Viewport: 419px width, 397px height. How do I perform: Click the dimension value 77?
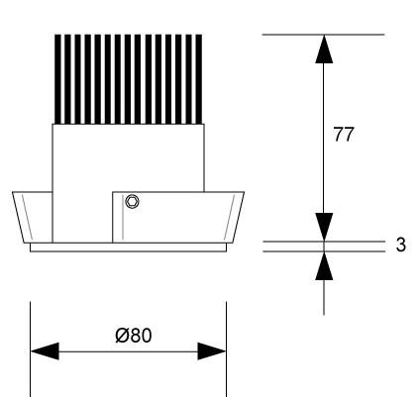(x=344, y=135)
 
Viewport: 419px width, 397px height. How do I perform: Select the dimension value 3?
(x=400, y=245)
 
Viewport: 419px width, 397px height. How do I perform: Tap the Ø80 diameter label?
(x=134, y=336)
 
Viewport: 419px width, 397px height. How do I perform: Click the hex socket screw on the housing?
(x=132, y=201)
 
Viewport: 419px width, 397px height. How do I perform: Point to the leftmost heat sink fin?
(x=57, y=79)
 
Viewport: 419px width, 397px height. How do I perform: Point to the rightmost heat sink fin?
(x=199, y=79)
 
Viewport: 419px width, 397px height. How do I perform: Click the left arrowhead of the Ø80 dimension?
(x=45, y=351)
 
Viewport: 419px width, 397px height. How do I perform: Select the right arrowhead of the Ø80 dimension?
(x=212, y=351)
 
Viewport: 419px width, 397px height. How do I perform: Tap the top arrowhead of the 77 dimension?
(x=324, y=49)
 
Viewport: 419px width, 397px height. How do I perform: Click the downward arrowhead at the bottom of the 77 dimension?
(x=324, y=227)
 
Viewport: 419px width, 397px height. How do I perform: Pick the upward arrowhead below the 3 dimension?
(x=324, y=266)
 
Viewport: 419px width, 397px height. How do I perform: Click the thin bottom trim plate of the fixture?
(x=128, y=248)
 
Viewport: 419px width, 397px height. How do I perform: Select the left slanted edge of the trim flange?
(x=18, y=217)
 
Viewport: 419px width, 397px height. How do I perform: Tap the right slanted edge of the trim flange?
(x=238, y=217)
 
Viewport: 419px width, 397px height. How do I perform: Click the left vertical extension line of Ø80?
(x=31, y=349)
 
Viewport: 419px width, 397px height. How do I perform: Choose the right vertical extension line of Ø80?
(x=227, y=349)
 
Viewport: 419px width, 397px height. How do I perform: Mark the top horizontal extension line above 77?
(x=324, y=35)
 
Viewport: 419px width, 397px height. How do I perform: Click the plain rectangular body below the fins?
(x=129, y=157)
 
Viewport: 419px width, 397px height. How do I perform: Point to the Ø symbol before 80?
(x=122, y=336)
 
